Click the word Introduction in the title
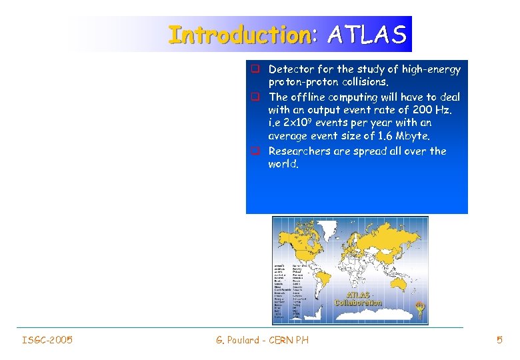(x=239, y=35)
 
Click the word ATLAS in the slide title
(x=366, y=35)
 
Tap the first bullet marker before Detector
(x=255, y=69)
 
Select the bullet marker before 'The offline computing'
(x=255, y=96)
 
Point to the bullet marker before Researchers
(x=255, y=151)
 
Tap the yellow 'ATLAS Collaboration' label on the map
(x=359, y=298)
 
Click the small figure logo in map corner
(x=419, y=310)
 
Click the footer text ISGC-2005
(x=47, y=341)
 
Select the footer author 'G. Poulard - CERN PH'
(x=262, y=341)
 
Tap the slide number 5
(x=499, y=341)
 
